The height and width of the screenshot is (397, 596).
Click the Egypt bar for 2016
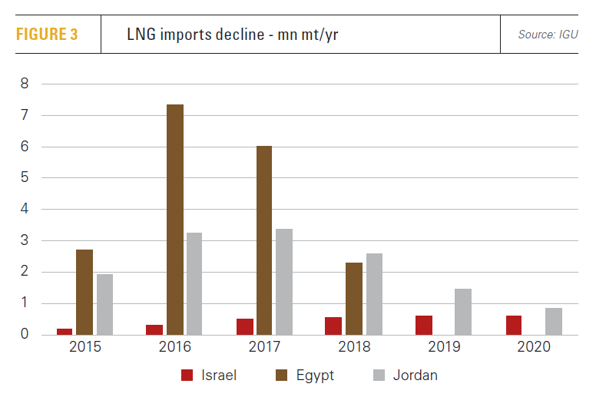tap(175, 220)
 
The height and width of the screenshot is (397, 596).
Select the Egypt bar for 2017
tap(264, 240)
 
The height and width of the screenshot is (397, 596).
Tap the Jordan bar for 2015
tap(104, 304)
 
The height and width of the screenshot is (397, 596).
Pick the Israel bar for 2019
tap(424, 325)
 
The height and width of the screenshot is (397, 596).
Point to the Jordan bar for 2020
tap(553, 321)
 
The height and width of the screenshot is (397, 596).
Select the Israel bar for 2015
tap(65, 331)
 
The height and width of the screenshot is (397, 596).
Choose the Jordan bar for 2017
tap(284, 281)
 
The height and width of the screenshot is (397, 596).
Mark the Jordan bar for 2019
tap(463, 312)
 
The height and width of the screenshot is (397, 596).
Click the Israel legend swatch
tap(187, 375)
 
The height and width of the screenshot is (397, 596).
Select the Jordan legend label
tap(417, 375)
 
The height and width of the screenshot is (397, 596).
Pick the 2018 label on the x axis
tap(355, 348)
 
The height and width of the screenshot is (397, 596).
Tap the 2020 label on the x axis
tap(534, 348)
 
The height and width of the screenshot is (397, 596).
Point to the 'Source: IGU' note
tap(548, 35)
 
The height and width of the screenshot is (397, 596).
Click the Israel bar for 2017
tap(245, 326)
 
